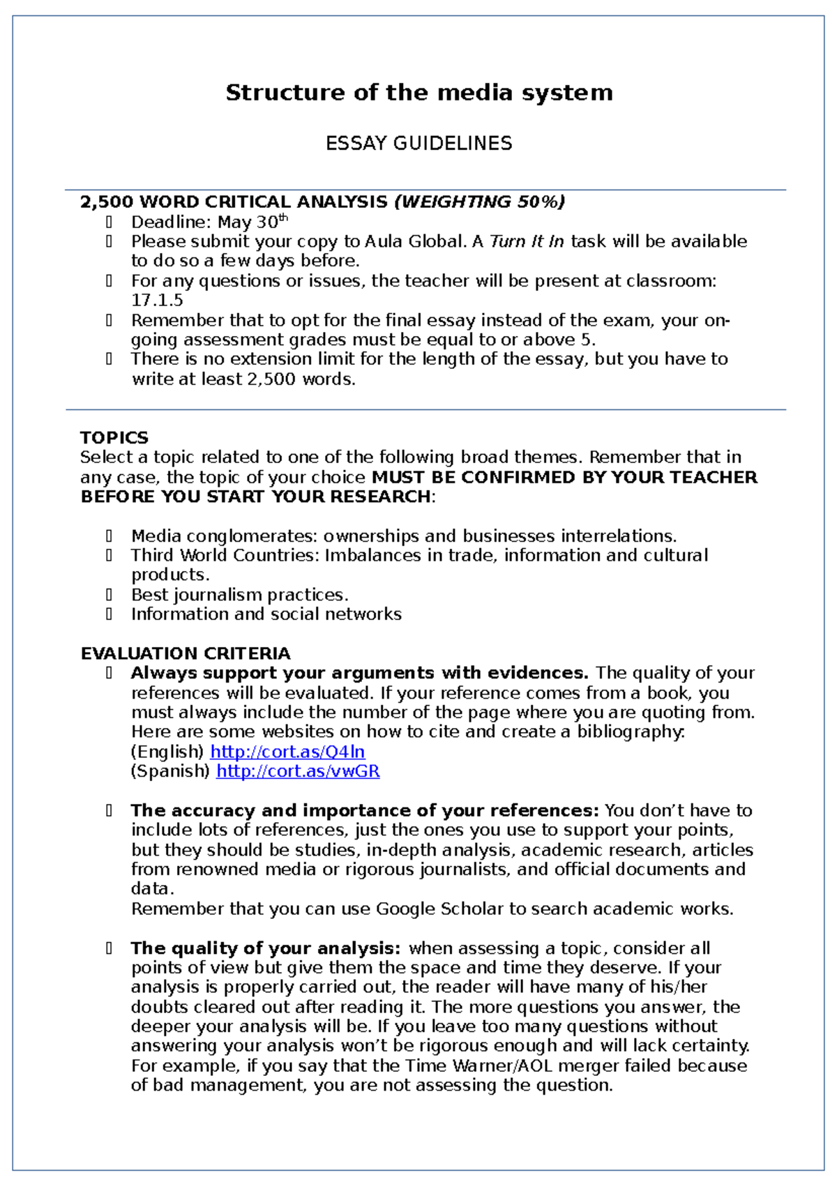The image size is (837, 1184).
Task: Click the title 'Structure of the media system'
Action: [418, 93]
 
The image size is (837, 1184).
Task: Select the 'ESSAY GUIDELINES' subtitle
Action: [418, 144]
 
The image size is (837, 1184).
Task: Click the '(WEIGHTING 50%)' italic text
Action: [479, 202]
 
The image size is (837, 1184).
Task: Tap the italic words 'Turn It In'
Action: [527, 242]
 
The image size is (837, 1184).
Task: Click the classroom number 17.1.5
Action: [157, 301]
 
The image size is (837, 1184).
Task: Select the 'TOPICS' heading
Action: [114, 438]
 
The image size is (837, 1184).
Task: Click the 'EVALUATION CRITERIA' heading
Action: [186, 654]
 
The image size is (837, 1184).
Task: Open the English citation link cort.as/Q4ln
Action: [287, 752]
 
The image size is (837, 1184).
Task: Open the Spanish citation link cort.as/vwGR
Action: [298, 771]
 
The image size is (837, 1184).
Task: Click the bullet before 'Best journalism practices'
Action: [110, 595]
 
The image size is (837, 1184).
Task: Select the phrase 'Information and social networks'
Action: [266, 614]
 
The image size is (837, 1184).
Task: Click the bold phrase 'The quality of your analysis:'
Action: [266, 948]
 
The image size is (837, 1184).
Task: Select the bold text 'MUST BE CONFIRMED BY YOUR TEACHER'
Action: [564, 478]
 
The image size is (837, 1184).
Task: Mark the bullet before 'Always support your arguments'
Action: [110, 673]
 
